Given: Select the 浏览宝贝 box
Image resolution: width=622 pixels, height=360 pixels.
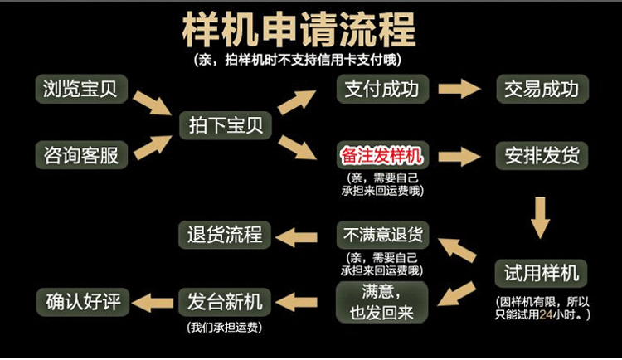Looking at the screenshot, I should tap(81, 89).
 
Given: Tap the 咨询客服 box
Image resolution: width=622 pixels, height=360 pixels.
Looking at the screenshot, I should tap(81, 154).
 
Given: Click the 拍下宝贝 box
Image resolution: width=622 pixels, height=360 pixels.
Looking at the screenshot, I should tap(221, 124).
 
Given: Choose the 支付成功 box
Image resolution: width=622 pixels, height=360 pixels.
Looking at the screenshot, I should tap(381, 89).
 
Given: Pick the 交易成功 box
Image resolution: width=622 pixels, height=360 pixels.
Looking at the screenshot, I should tap(542, 89).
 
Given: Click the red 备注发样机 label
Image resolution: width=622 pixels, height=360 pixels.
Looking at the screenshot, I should tap(381, 155).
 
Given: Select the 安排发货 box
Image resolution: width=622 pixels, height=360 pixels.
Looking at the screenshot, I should tap(542, 155).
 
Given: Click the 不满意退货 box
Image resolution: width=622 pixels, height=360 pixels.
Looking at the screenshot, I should tap(381, 235).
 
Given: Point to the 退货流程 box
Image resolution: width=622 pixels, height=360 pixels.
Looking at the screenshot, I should tap(221, 235).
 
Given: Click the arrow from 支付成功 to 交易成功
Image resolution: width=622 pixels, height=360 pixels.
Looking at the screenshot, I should tap(461, 89).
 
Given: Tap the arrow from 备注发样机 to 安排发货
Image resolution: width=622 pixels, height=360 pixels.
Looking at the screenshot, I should tap(461, 155).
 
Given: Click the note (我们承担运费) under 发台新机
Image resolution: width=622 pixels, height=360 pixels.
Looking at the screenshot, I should tap(221, 327).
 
